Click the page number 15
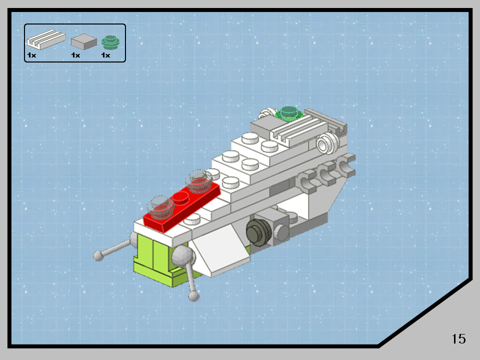pyautogui.click(x=458, y=338)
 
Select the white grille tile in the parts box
pyautogui.click(x=45, y=38)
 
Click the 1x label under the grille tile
pyautogui.click(x=32, y=55)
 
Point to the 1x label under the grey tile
pyautogui.click(x=75, y=55)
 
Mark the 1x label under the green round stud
pyautogui.click(x=105, y=55)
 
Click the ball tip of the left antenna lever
pyautogui.click(x=99, y=256)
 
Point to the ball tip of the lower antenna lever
pyautogui.click(x=193, y=296)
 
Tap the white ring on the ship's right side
pyautogui.click(x=325, y=145)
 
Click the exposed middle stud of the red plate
pyautogui.click(x=181, y=198)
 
